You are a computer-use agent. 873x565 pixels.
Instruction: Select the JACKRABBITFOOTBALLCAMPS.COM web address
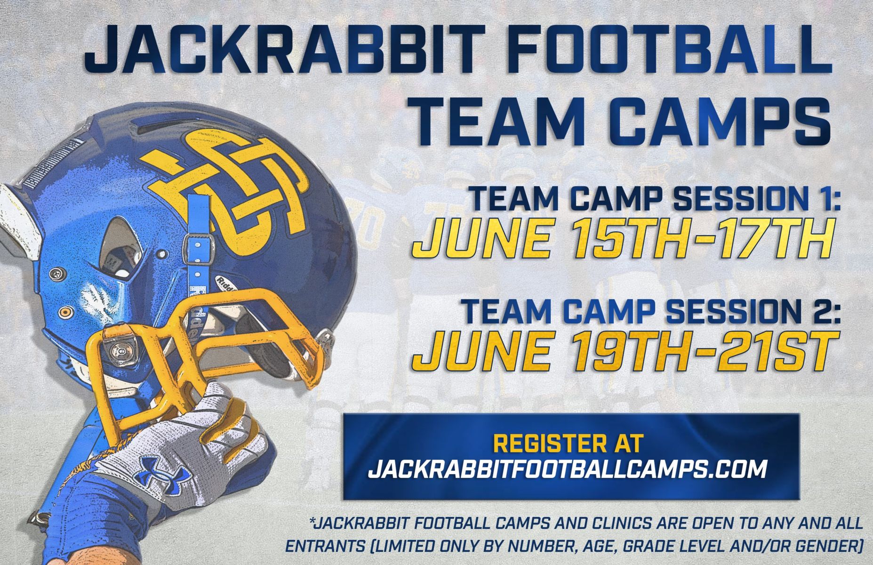coord(568,469)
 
